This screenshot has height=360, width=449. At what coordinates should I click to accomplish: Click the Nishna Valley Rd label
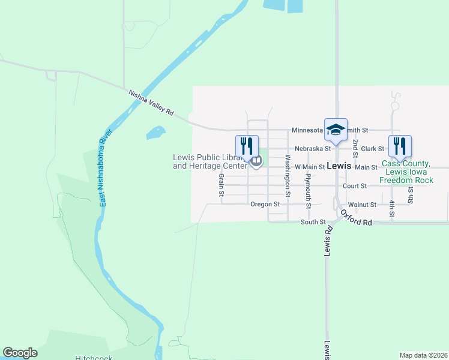click(151, 103)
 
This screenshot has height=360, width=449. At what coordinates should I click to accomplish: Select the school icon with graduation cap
click(336, 130)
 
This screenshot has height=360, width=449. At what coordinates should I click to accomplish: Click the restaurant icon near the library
click(247, 146)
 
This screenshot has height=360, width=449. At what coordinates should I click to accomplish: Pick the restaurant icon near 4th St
click(399, 146)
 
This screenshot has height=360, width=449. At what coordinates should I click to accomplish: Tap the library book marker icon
click(256, 161)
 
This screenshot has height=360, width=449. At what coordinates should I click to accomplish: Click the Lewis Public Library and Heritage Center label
click(209, 161)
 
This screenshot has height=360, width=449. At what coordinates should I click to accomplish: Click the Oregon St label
click(265, 204)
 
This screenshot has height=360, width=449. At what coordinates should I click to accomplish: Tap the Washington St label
click(288, 176)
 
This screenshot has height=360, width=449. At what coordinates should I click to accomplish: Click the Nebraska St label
click(312, 148)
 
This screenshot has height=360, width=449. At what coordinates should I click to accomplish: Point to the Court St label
click(355, 186)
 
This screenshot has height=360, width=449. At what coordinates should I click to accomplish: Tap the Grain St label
click(221, 185)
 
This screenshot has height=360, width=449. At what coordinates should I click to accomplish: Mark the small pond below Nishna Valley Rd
click(155, 132)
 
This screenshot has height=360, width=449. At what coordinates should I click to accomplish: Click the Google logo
click(20, 353)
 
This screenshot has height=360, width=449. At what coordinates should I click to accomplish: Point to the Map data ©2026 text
click(423, 355)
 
